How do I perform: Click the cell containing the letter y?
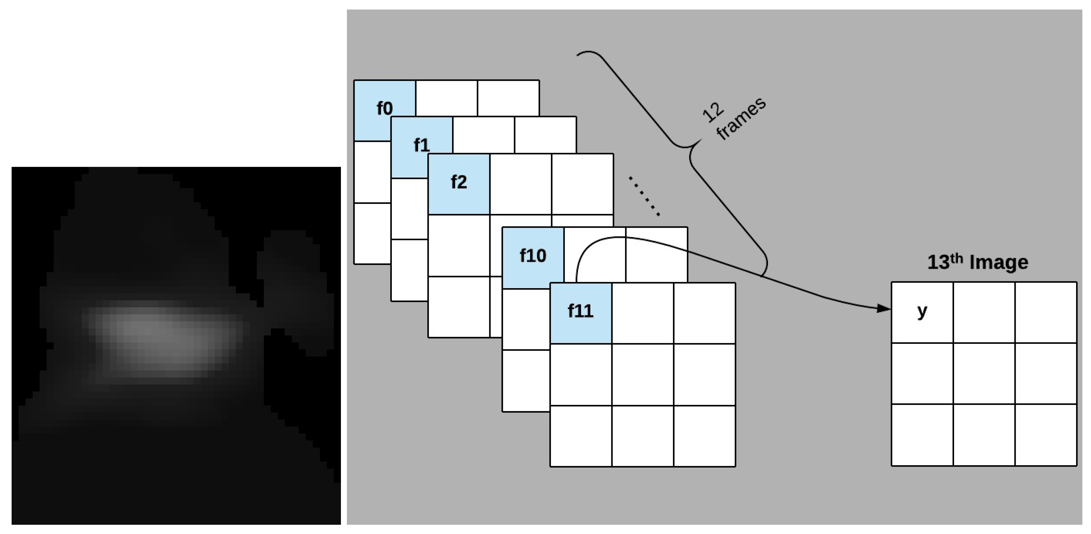pyautogui.click(x=922, y=312)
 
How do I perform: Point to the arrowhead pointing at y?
pyautogui.click(x=884, y=308)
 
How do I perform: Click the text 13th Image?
pyautogui.click(x=978, y=262)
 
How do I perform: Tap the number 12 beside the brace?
pyautogui.click(x=713, y=112)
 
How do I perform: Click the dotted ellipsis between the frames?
pyautogui.click(x=644, y=196)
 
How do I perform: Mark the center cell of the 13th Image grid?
pyautogui.click(x=984, y=374)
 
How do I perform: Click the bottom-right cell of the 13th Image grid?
pyautogui.click(x=1046, y=435)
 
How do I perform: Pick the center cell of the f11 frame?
pyautogui.click(x=643, y=375)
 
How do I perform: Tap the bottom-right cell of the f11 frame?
pyautogui.click(x=704, y=436)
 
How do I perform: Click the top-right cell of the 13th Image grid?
pyautogui.click(x=1046, y=312)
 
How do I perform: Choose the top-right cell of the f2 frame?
pyautogui.click(x=582, y=184)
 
